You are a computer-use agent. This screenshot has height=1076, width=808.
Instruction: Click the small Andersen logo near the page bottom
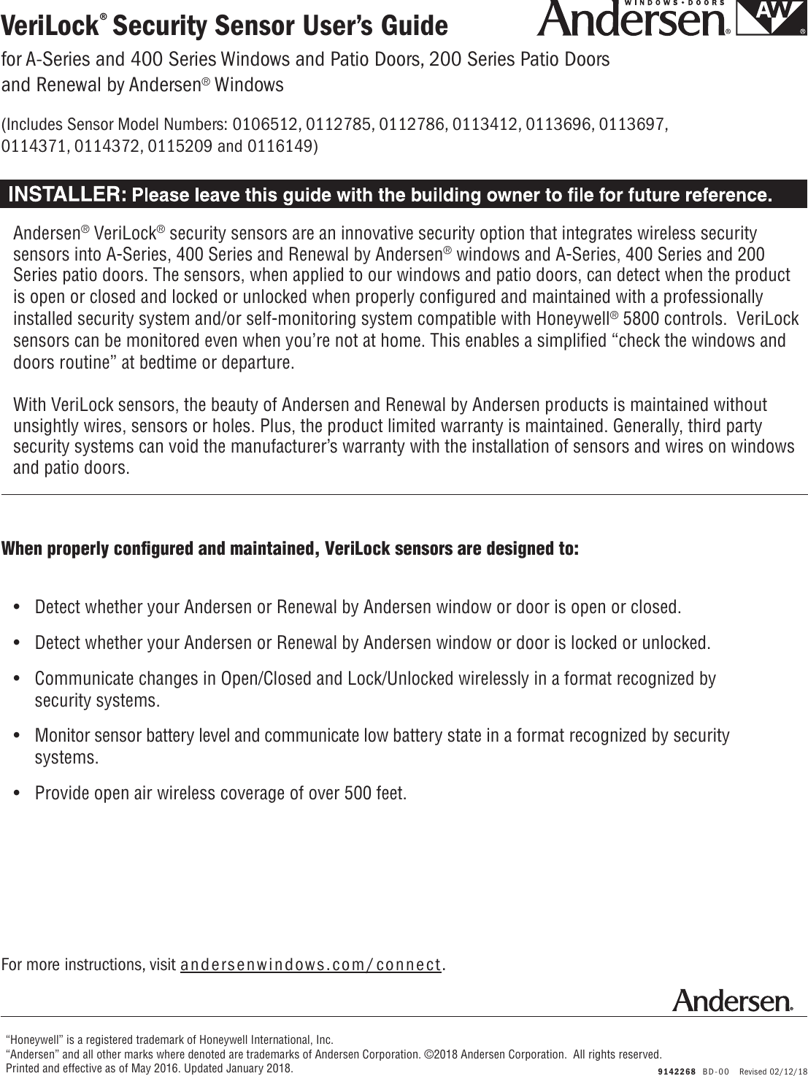point(731,1000)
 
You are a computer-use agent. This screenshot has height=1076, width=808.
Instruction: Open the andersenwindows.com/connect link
point(311,964)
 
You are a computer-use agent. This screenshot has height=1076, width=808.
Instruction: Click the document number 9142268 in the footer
point(675,1071)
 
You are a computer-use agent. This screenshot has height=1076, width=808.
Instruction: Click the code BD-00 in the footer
point(717,1071)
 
